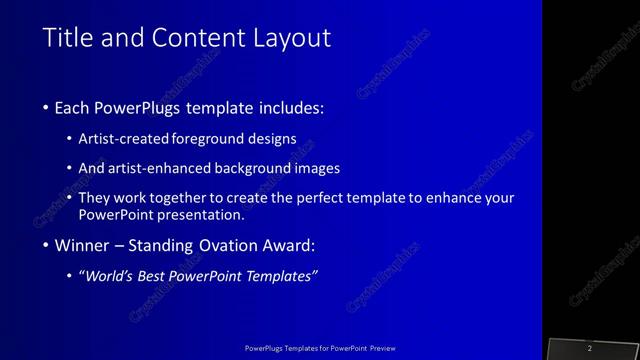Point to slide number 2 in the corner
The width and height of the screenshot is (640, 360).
pos(590,347)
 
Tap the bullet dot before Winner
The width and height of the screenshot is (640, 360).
pos(47,246)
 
